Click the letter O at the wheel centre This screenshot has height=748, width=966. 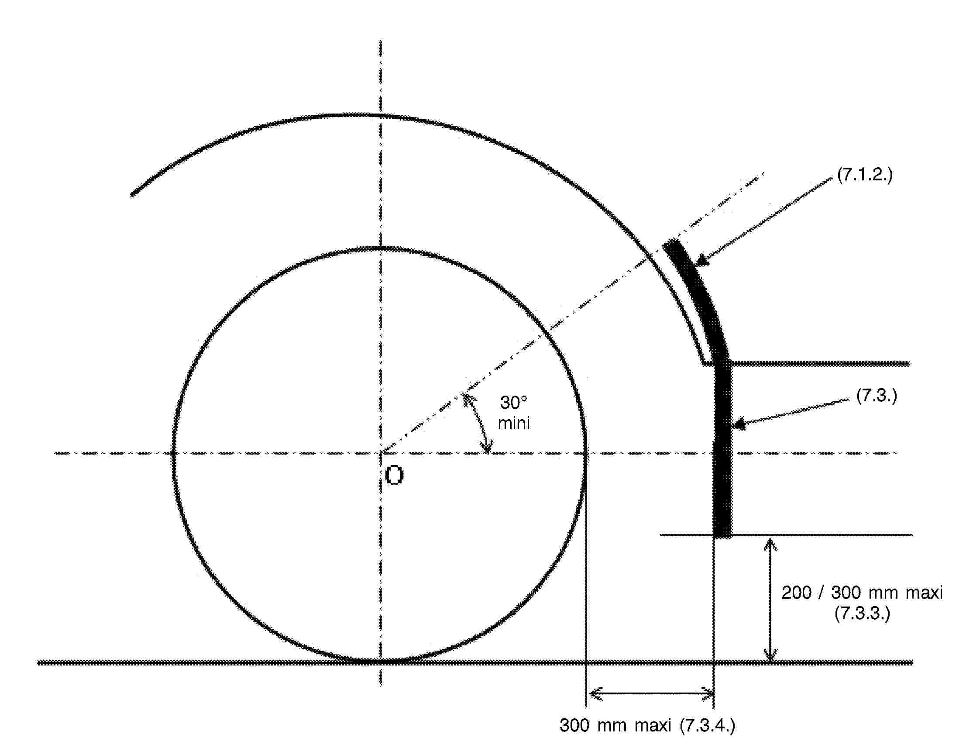394,476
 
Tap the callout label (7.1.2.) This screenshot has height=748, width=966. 865,174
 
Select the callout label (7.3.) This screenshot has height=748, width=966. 877,395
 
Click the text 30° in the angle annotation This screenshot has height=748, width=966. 513,403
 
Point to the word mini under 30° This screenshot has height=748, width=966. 513,423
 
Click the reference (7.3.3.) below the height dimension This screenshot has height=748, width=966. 862,614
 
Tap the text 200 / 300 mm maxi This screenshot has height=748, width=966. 862,592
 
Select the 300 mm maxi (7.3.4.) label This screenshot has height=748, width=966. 647,725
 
